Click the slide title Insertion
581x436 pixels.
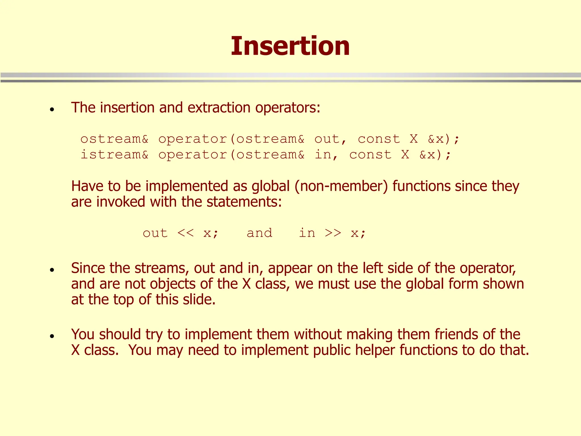pyautogui.click(x=290, y=46)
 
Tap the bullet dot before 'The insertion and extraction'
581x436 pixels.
pyautogui.click(x=52, y=109)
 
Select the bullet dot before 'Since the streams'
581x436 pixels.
pyautogui.click(x=52, y=270)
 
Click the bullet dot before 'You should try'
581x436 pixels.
pyautogui.click(x=52, y=336)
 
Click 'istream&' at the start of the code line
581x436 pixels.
pyautogui.click(x=114, y=155)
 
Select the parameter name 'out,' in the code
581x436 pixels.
pyautogui.click(x=330, y=139)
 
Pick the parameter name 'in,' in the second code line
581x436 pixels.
pyautogui.click(x=326, y=155)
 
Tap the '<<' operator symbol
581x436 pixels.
pyautogui.click(x=186, y=233)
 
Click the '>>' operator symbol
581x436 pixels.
pyautogui.click(x=333, y=233)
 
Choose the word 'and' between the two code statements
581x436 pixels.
pyautogui.click(x=259, y=233)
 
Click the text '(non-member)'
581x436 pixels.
pyautogui.click(x=341, y=186)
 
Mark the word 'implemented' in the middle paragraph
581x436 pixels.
pyautogui.click(x=187, y=186)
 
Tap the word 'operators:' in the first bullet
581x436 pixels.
pyautogui.click(x=287, y=108)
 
